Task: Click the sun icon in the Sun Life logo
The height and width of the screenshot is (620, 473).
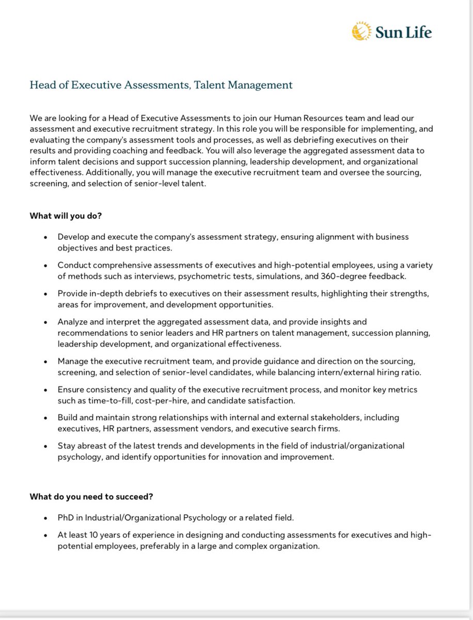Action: coord(361,31)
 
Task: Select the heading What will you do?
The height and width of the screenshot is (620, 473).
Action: coord(66,216)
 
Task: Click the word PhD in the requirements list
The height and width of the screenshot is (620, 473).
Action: coord(65,517)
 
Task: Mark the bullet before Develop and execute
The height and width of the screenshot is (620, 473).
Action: coord(46,237)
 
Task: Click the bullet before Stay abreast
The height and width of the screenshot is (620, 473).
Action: coord(46,446)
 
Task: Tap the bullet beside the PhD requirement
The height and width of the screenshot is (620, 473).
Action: coord(46,518)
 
